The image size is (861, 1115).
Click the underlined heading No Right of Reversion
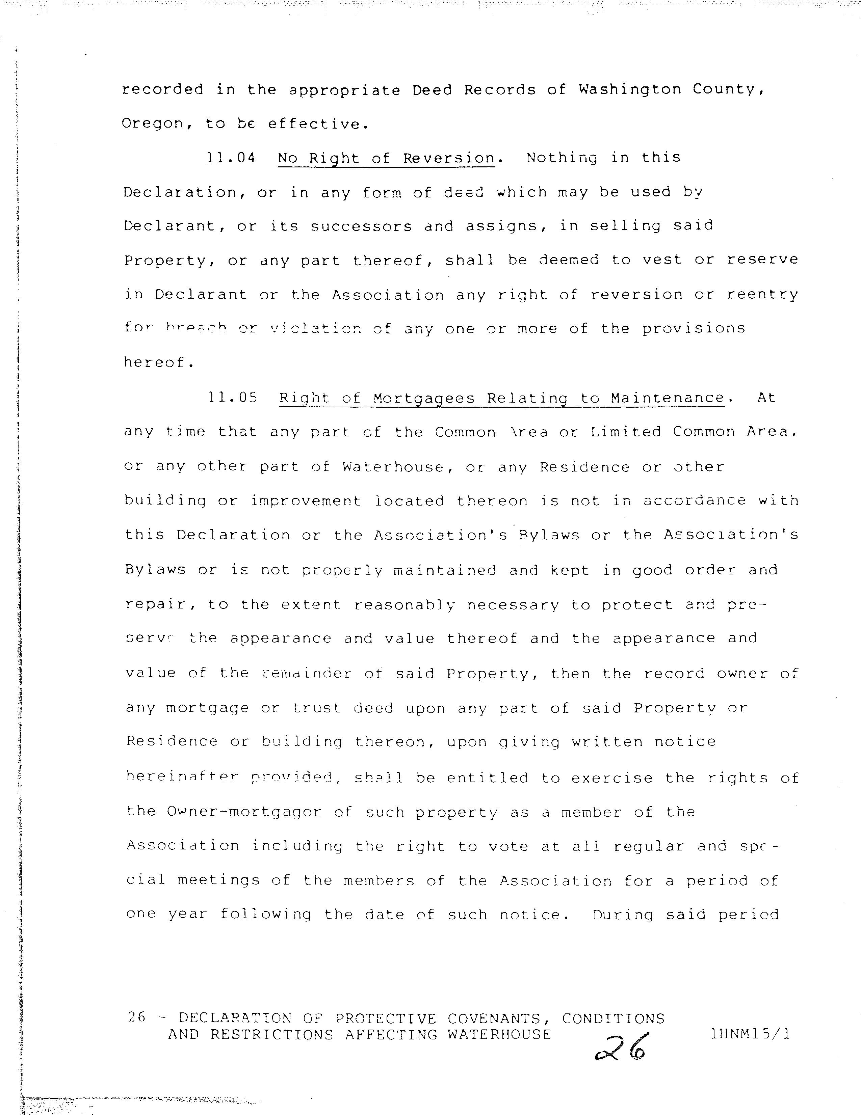tap(386, 158)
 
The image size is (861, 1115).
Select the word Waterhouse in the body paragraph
tap(393, 467)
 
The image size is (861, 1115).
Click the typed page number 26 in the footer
tap(136, 1017)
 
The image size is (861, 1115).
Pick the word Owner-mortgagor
tap(244, 812)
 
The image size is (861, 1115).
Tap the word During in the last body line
tap(623, 914)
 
